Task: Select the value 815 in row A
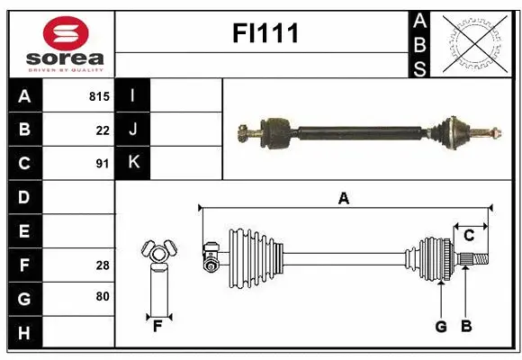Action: point(99,96)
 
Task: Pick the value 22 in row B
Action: point(103,130)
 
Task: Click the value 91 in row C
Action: point(103,164)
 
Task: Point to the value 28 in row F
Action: point(103,265)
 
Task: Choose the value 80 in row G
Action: point(103,297)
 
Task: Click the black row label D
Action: point(24,196)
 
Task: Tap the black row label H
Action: point(24,333)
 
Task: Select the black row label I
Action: point(132,96)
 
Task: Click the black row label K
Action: point(132,163)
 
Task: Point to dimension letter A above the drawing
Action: point(343,199)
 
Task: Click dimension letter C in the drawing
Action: point(468,236)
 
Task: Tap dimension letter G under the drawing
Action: point(441,327)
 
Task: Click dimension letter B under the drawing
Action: point(465,327)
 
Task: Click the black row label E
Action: point(24,231)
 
